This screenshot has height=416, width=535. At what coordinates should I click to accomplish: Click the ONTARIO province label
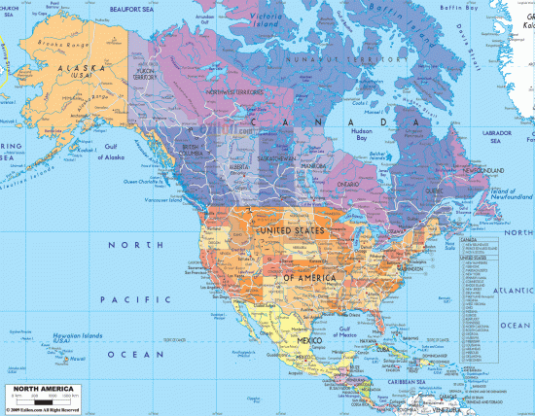tap(348, 184)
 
